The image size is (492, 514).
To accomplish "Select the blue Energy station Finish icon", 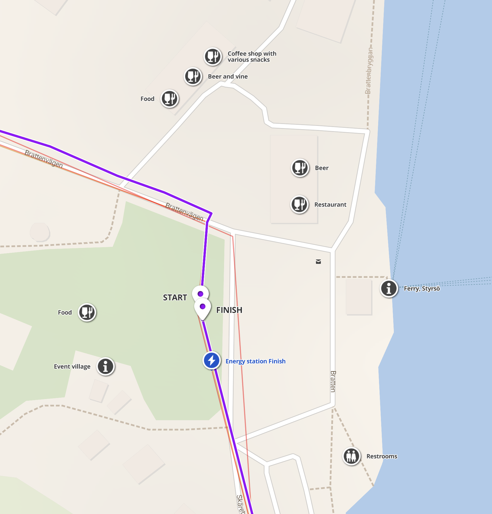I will [x=211, y=360].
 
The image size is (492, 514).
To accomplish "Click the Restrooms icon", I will [x=351, y=456].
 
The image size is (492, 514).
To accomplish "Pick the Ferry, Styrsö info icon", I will [x=389, y=288].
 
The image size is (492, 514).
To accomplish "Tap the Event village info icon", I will [x=105, y=366].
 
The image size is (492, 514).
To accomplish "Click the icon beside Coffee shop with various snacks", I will [x=213, y=57].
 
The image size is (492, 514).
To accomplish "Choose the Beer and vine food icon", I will [x=193, y=76].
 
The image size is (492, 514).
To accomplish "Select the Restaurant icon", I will [x=299, y=204].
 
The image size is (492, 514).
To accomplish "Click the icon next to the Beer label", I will [x=300, y=168].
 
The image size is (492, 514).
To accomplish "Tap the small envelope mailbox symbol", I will [x=318, y=262].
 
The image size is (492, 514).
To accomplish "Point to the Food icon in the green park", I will [x=87, y=312].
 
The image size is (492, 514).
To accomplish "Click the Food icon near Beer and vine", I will [x=170, y=98].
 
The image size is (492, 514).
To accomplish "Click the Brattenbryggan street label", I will [x=369, y=71].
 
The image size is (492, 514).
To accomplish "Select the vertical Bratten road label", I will [x=333, y=382].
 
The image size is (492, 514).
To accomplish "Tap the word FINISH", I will [x=229, y=310].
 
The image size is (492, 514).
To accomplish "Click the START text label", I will [x=175, y=297].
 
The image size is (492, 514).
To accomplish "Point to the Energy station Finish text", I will [x=255, y=361].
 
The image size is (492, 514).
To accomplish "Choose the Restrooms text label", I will [x=382, y=456].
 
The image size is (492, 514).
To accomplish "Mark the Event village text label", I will [x=72, y=366].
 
